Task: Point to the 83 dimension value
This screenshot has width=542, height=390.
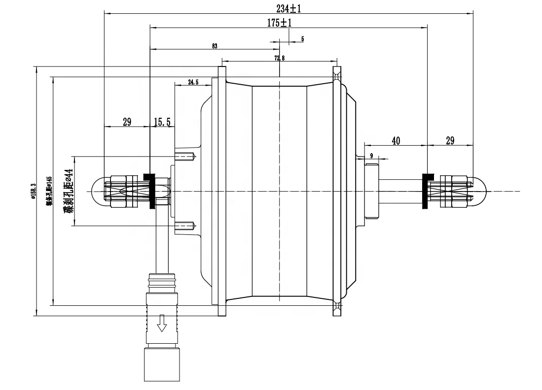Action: [x=215, y=46]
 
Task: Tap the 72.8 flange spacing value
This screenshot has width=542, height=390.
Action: [x=279, y=58]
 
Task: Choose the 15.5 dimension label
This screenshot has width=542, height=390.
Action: [x=162, y=122]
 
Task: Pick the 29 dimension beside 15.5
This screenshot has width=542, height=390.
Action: [x=127, y=122]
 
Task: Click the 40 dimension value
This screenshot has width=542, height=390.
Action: [x=396, y=141]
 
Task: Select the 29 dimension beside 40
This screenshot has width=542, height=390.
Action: [x=450, y=141]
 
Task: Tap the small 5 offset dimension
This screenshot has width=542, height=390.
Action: [x=302, y=38]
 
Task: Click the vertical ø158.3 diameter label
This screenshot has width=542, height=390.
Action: [x=33, y=191]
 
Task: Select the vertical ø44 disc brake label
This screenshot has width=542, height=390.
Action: [x=68, y=191]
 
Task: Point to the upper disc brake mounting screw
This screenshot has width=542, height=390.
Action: [x=186, y=157]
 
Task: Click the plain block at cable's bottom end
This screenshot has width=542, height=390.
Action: [x=161, y=364]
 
